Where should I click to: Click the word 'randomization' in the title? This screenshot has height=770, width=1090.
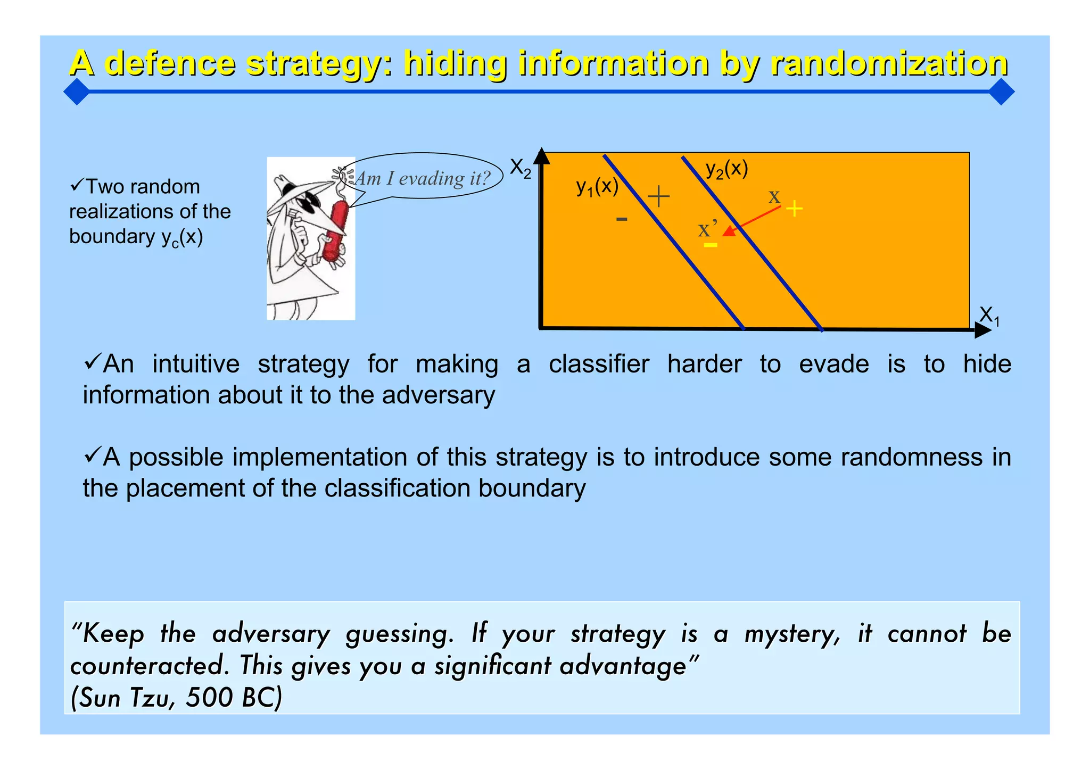tap(888, 64)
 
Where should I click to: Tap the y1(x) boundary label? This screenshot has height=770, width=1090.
tap(597, 187)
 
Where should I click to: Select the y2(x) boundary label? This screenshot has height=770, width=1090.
tap(726, 169)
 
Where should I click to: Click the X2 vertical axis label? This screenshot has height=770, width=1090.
tap(520, 169)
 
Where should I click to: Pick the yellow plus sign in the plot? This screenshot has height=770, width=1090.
tap(794, 209)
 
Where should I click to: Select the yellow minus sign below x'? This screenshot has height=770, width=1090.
tap(711, 245)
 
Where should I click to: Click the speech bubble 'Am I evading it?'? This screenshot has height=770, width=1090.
tap(422, 178)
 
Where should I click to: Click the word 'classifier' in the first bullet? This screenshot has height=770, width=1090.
tap(599, 365)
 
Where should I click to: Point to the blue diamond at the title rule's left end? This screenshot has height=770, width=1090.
tap(77, 92)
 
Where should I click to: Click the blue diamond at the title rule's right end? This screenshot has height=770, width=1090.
tap(1001, 92)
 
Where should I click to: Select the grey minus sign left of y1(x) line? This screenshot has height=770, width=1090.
tap(622, 219)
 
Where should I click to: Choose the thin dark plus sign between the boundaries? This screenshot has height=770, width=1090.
tap(658, 196)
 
